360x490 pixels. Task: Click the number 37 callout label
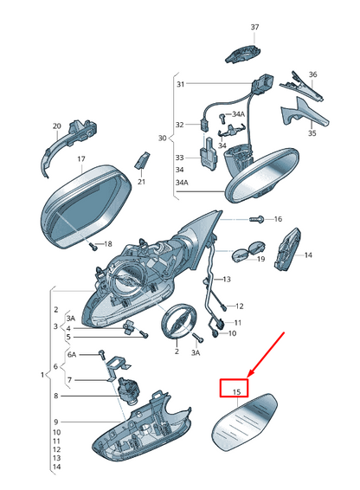[x=254, y=27]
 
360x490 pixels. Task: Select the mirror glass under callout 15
[x=244, y=422]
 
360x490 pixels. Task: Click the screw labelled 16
[x=257, y=219]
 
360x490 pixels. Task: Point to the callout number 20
[x=56, y=126]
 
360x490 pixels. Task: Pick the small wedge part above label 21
[x=142, y=159]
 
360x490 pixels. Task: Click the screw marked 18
[x=93, y=247]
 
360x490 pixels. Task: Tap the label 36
[x=312, y=74]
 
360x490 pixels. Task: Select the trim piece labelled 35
[x=305, y=113]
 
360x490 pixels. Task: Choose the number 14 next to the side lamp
[x=308, y=255]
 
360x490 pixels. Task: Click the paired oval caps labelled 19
[x=248, y=251]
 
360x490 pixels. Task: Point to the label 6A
[x=72, y=355]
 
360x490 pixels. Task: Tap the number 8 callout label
[x=56, y=396]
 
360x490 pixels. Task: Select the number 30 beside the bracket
[x=162, y=139]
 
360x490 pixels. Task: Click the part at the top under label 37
[x=243, y=55]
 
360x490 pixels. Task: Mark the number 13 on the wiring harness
[x=227, y=279]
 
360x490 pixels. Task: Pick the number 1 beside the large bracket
[x=42, y=374]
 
